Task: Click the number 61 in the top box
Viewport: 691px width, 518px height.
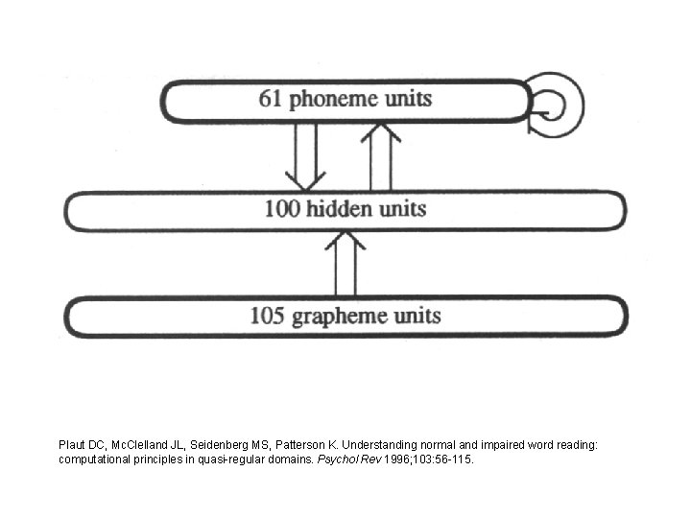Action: (272, 99)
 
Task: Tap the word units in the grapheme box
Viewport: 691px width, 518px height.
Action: (415, 315)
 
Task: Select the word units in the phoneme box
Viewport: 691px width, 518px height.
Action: (406, 99)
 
